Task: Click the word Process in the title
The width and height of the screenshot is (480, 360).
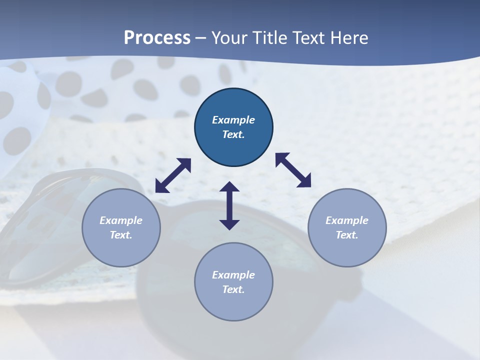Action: point(157,38)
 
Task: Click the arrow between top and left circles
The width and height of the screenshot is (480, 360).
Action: point(173,175)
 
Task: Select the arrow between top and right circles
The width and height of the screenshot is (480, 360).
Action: point(293,170)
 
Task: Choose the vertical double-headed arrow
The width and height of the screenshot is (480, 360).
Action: point(229,206)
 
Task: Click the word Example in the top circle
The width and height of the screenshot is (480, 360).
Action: point(233,120)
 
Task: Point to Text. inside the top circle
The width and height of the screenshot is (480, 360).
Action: point(233,134)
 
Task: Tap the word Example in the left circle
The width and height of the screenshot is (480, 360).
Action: point(121,220)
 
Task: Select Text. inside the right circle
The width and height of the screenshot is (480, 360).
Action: point(347,235)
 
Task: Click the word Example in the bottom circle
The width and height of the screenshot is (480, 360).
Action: point(233,275)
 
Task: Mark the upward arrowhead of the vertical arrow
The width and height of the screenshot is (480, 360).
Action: point(229,187)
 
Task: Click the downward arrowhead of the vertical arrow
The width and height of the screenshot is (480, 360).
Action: point(229,224)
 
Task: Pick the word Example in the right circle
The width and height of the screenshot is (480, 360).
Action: point(347,220)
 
